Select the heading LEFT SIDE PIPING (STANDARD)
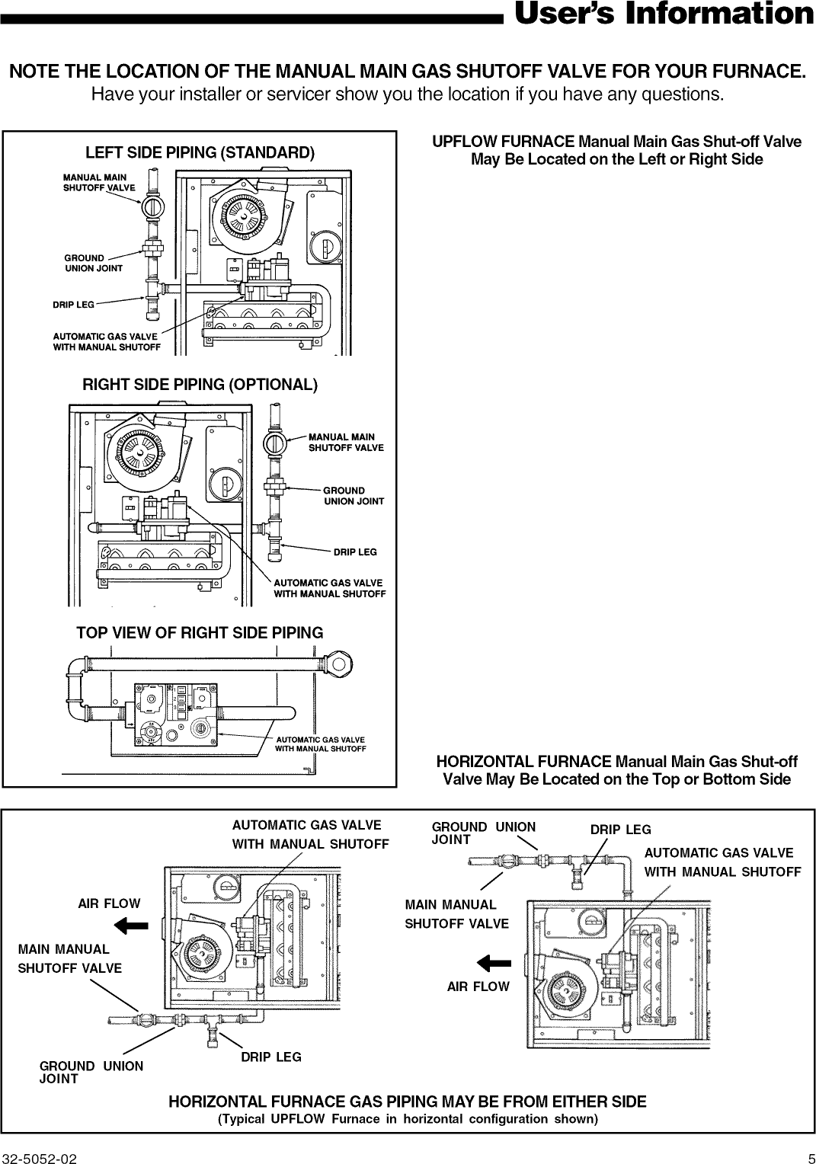pos(200,152)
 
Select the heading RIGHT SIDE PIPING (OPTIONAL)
pos(200,384)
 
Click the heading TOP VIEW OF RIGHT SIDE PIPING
pos(200,632)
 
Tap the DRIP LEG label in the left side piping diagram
pos(73,305)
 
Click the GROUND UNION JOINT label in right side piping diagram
pos(354,496)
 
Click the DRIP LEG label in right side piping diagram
pos(355,552)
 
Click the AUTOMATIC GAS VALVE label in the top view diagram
pos(320,744)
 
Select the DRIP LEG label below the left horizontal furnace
pos(271,1057)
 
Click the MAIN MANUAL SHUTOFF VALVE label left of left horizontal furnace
pos(69,958)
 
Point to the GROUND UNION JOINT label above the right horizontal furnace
pos(483,833)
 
